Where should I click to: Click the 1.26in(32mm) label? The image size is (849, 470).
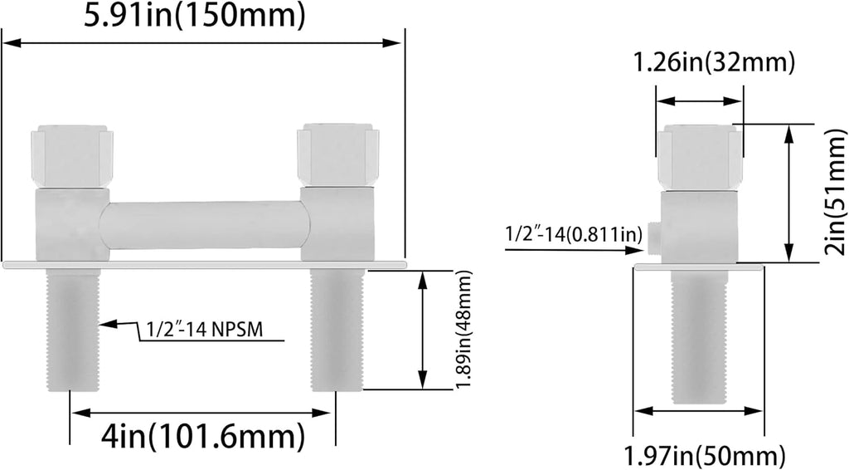click(714, 62)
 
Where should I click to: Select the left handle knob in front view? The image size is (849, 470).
click(72, 155)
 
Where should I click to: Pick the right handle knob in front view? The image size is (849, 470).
click(337, 155)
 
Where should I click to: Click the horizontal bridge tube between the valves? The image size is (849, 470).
click(205, 224)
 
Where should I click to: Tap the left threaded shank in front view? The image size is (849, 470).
click(74, 329)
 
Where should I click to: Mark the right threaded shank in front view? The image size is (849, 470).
click(336, 329)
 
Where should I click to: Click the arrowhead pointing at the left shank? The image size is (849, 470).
click(105, 324)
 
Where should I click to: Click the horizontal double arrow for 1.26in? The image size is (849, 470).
click(699, 100)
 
